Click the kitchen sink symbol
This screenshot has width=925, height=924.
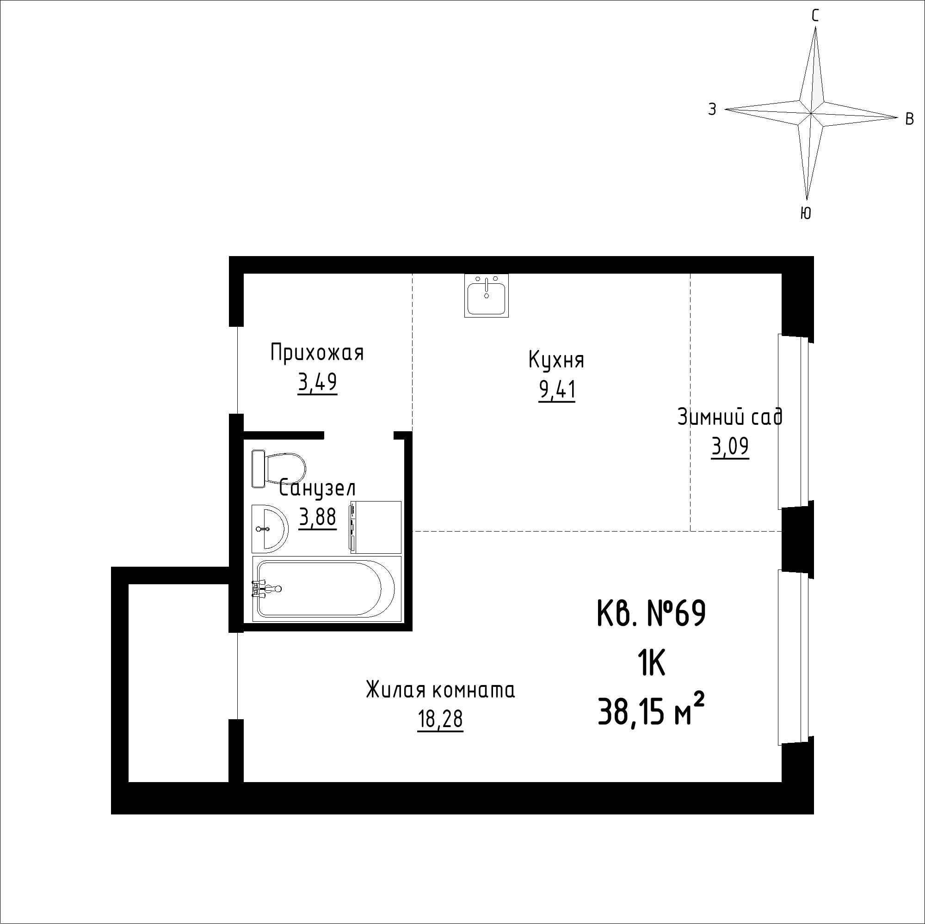coord(487,295)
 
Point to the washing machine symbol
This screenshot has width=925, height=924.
coord(376,527)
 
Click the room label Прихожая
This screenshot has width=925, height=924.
coord(317,353)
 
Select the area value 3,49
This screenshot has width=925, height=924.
coord(317,383)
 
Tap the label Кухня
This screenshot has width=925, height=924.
coord(556,360)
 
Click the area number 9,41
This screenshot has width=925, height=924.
coord(557,391)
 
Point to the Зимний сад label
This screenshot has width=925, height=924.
coord(730,416)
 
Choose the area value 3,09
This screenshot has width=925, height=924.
coord(730,447)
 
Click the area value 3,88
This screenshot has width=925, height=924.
coord(317,517)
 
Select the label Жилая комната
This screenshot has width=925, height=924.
coord(440,691)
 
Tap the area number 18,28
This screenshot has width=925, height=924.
coord(440,719)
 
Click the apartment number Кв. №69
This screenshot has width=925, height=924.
coord(652,614)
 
